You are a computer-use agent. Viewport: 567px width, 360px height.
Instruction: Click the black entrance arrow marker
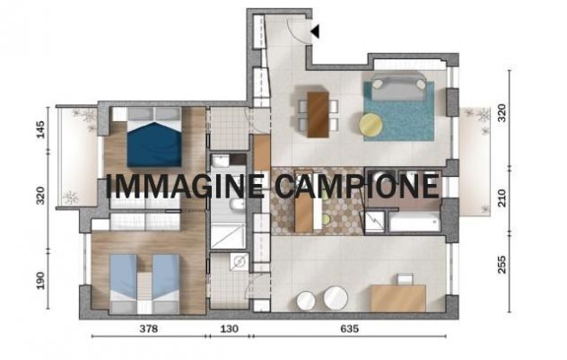[x=315, y=31]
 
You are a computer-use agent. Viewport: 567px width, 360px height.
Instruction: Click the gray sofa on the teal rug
[x=399, y=87]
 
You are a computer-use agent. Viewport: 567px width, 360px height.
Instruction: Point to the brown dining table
[x=318, y=114]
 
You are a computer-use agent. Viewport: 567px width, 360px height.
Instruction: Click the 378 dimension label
[x=149, y=329]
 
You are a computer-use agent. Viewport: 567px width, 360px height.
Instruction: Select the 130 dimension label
[x=230, y=329]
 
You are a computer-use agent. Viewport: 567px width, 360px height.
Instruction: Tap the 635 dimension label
[x=350, y=329]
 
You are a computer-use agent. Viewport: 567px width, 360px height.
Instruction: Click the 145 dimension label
[x=40, y=129]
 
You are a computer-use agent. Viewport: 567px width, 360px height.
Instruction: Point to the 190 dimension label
[x=40, y=280]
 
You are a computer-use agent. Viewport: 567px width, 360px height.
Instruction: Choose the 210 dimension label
[x=502, y=198]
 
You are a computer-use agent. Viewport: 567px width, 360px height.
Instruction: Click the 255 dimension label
[x=502, y=265]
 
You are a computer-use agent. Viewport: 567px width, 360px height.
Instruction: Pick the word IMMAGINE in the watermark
[x=185, y=186]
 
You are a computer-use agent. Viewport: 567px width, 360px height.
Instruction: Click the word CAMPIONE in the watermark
[x=357, y=186]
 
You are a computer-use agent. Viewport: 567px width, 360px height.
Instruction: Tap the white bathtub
[x=414, y=222]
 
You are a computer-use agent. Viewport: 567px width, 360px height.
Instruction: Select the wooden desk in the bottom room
[x=398, y=298]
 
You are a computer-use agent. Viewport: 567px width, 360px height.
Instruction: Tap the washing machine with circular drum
[x=240, y=261]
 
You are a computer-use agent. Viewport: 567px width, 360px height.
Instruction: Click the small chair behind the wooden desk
[x=406, y=279]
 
